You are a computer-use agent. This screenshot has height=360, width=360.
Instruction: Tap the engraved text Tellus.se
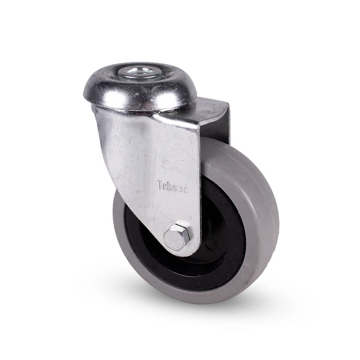173,187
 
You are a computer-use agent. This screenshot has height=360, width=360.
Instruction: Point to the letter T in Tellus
160,184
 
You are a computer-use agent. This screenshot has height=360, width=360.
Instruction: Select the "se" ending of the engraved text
184,190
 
